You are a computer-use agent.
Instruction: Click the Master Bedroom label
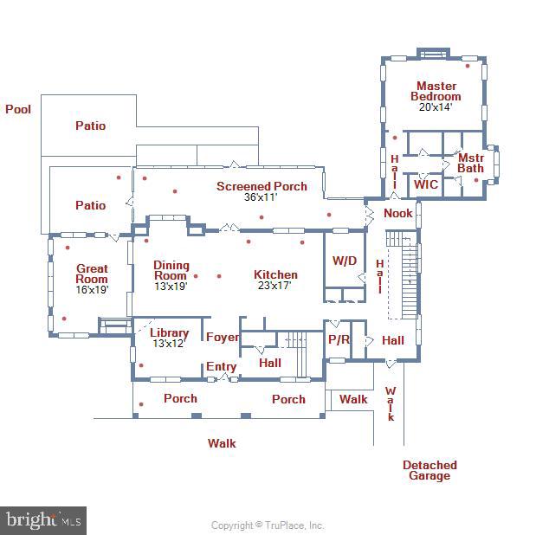click(436, 91)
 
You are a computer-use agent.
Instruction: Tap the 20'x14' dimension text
click(436, 107)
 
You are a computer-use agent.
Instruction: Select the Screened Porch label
click(262, 186)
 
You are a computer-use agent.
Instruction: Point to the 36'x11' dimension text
click(262, 197)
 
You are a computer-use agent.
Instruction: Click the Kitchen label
click(275, 275)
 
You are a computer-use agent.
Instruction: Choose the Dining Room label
click(171, 270)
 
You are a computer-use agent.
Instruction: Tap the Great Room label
click(92, 274)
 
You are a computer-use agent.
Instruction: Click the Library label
click(169, 333)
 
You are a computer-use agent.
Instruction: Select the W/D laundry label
click(345, 261)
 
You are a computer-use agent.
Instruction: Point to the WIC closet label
click(425, 184)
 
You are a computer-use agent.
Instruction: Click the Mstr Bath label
click(470, 163)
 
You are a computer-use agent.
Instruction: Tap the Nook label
click(398, 213)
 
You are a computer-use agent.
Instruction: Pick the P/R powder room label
click(338, 340)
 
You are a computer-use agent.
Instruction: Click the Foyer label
click(222, 338)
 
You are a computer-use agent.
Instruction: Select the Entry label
click(221, 367)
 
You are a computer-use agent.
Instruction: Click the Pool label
click(18, 110)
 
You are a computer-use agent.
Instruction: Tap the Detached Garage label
click(429, 470)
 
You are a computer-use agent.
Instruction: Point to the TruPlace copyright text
click(268, 525)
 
